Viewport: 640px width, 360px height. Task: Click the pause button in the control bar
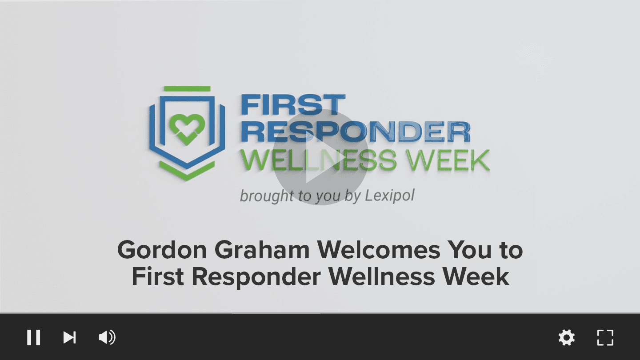click(x=33, y=337)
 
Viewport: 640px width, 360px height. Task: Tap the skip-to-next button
click(x=69, y=337)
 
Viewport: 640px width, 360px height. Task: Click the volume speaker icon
click(x=107, y=337)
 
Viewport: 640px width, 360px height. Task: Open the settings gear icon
click(x=567, y=337)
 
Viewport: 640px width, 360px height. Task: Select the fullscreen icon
click(x=605, y=337)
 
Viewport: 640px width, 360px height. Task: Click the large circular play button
click(x=320, y=157)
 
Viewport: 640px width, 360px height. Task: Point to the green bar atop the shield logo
click(x=187, y=88)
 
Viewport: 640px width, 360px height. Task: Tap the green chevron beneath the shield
click(x=187, y=171)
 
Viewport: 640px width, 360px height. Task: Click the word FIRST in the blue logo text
click(x=293, y=105)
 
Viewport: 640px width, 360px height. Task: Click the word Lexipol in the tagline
click(x=389, y=196)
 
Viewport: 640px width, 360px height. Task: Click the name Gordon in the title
click(x=162, y=250)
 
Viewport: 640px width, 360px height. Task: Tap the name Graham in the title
click(x=262, y=250)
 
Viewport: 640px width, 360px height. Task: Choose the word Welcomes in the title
click(x=379, y=250)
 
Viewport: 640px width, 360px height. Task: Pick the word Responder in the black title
click(x=256, y=277)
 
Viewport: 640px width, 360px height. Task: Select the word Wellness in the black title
click(x=382, y=276)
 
